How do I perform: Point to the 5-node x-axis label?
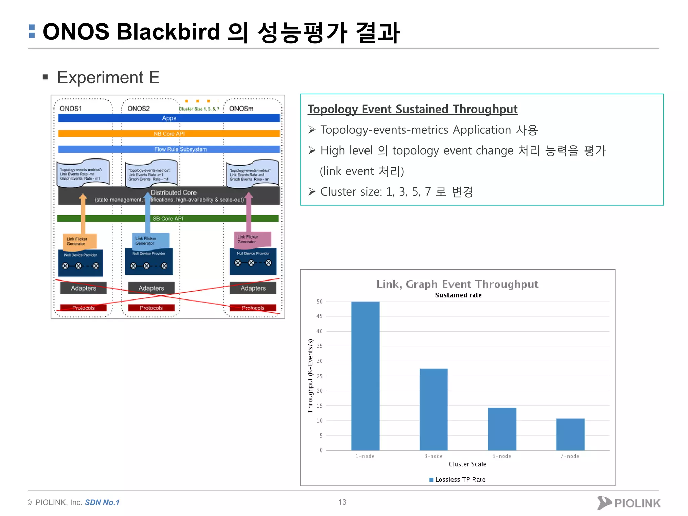(502, 456)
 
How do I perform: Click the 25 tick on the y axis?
(319, 376)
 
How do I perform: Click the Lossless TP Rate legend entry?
(457, 480)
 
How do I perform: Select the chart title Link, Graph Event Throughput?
(457, 284)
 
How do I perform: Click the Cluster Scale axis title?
(467, 464)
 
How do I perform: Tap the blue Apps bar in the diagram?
(169, 118)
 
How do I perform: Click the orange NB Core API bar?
(169, 134)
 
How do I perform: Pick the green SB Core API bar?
(168, 218)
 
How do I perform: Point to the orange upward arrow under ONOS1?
(83, 215)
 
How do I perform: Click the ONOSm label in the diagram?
(241, 109)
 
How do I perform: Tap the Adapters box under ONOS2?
(151, 288)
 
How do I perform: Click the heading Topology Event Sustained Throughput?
(412, 109)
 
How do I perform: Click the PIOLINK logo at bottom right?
(629, 503)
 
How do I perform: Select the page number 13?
(342, 502)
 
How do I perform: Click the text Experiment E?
(108, 78)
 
